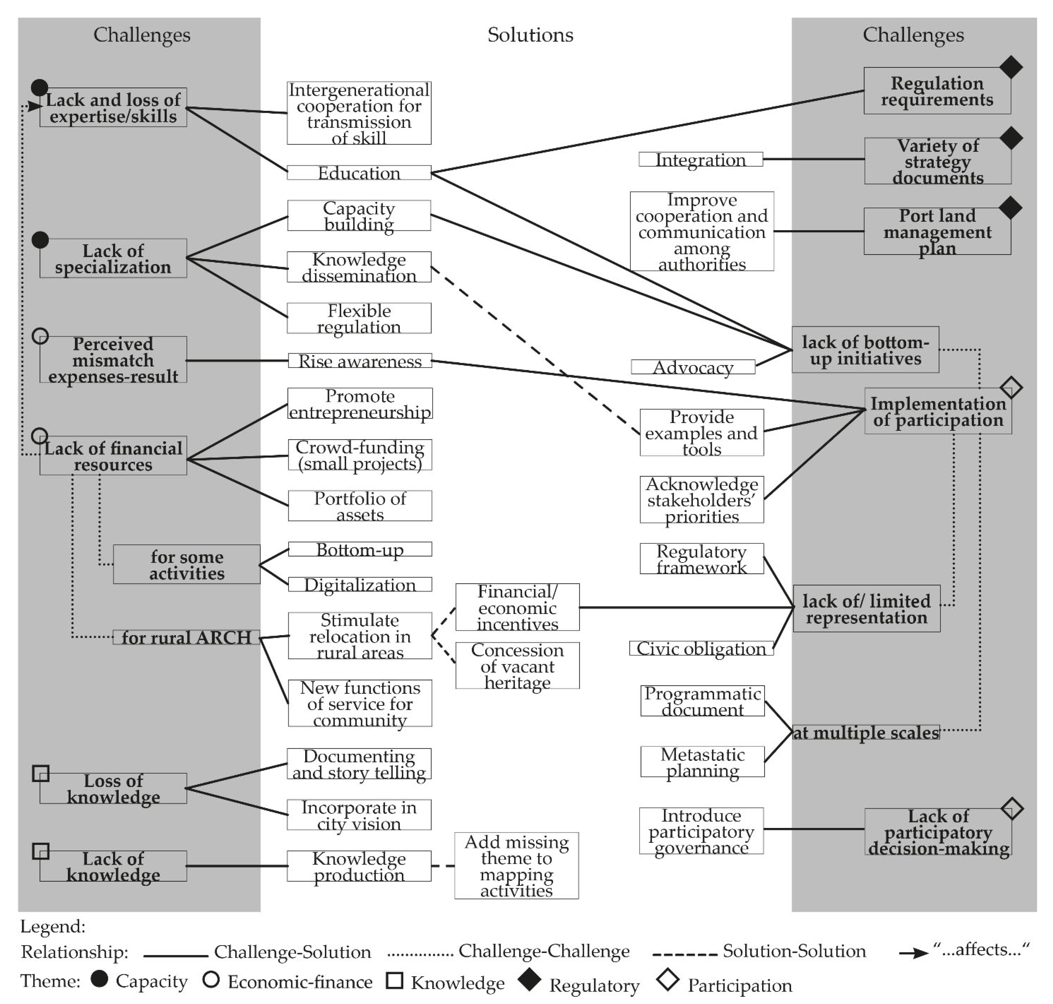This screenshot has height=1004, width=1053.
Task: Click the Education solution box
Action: (359, 173)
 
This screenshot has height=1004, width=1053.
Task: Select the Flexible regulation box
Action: (359, 319)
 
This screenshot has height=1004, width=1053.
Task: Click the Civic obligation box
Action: (701, 649)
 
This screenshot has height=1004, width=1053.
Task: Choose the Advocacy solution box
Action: (693, 367)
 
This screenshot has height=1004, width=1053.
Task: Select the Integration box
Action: (701, 160)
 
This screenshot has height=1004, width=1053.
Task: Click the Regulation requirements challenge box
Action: (937, 91)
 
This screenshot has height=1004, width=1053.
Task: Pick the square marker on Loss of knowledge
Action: (41, 773)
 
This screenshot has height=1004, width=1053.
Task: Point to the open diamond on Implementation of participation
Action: (1011, 388)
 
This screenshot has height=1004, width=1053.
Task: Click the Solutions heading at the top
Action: (530, 35)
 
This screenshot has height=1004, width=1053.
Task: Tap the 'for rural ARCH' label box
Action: (186, 637)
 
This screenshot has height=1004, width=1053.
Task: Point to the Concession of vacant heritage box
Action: (517, 666)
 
